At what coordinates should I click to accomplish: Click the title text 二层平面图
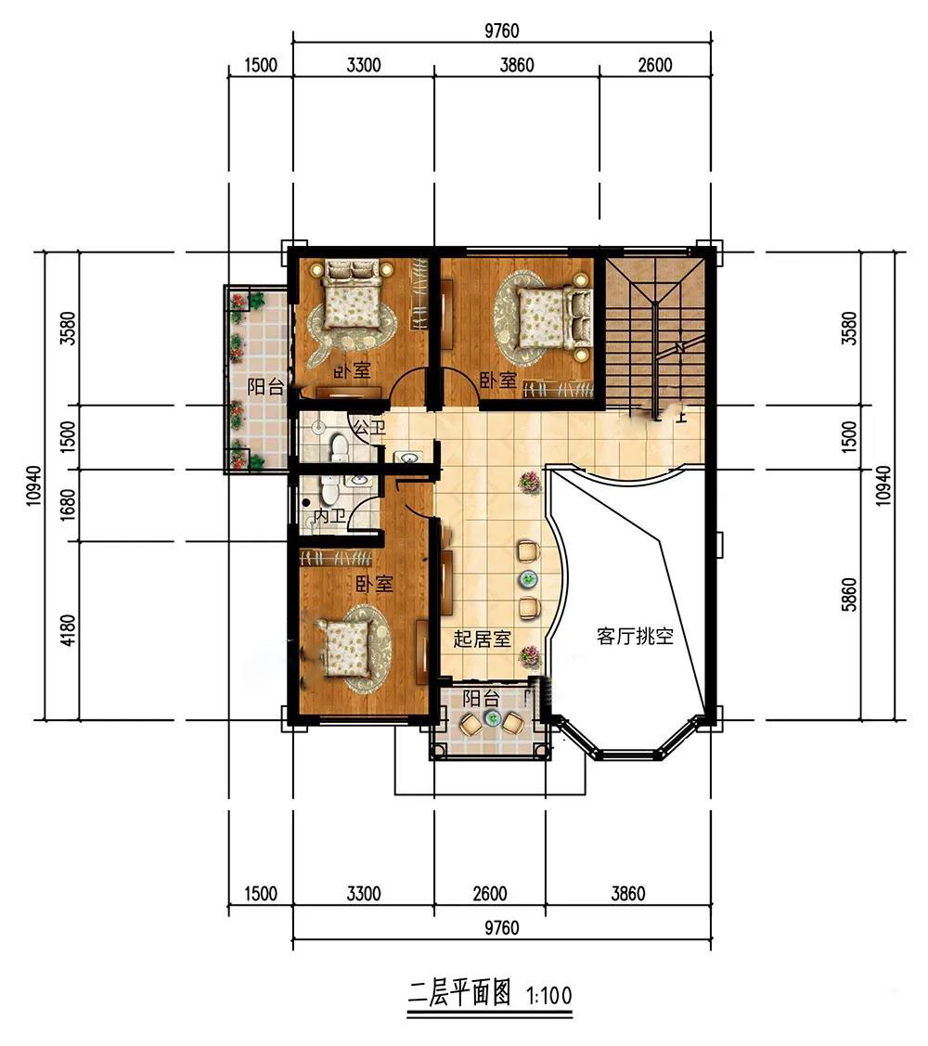click(459, 994)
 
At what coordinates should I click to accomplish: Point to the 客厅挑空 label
click(635, 636)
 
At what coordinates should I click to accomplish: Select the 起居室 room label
click(483, 639)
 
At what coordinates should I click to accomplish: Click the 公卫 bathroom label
click(369, 428)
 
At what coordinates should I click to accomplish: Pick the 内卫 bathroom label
click(329, 516)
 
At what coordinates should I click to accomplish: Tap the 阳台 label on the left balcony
click(265, 387)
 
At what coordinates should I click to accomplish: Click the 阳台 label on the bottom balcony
click(481, 699)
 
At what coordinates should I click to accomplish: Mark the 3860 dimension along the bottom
click(627, 893)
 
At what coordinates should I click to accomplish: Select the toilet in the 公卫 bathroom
click(340, 447)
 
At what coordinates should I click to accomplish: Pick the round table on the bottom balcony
click(494, 718)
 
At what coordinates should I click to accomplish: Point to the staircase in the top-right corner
click(654, 331)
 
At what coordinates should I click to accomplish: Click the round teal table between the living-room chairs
click(529, 579)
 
